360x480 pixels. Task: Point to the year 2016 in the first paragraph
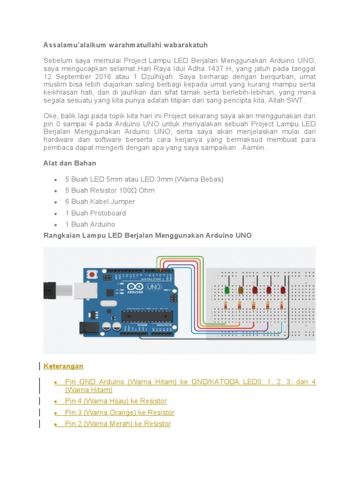tap(99, 76)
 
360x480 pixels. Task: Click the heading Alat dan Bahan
tap(70, 163)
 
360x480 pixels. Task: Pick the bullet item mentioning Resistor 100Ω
tap(110, 190)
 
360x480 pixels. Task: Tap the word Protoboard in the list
tap(108, 213)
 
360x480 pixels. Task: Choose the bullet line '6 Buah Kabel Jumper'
tap(100, 202)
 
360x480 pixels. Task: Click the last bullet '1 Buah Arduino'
tap(90, 224)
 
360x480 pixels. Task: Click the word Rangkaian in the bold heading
tap(61, 235)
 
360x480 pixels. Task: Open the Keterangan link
tap(63, 366)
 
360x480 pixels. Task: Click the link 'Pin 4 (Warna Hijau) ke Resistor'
tap(116, 401)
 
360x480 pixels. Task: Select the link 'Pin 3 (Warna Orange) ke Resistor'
tap(120, 412)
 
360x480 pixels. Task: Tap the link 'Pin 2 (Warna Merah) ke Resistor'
tap(118, 424)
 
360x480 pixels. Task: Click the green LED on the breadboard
tap(227, 290)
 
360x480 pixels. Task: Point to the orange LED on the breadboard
tap(241, 290)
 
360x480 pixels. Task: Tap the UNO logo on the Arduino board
tap(154, 286)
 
